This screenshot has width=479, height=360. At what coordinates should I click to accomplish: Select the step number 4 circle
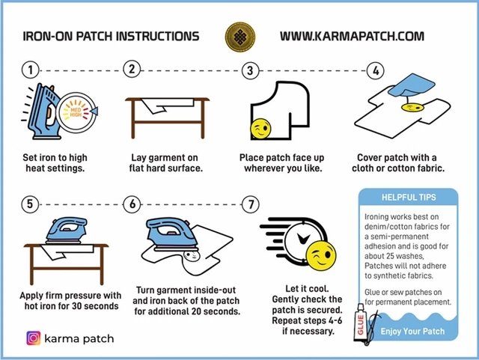pos(374,71)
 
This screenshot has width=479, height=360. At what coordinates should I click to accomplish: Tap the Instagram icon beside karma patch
pos(34,338)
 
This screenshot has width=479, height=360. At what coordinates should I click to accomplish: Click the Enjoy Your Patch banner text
pos(413,330)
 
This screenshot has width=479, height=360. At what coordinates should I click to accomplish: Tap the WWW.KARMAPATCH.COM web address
pos(352,36)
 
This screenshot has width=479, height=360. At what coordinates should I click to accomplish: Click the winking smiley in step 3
pos(260,129)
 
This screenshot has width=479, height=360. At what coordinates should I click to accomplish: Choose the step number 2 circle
pos(132,70)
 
